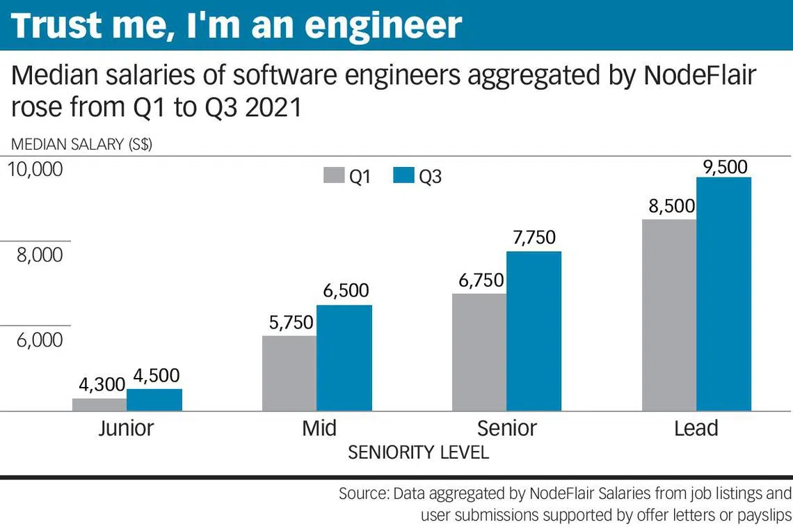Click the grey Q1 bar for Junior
(99, 404)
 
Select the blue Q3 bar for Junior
(154, 400)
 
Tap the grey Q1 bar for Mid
(289, 373)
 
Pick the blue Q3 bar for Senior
(534, 331)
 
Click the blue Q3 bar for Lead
(723, 294)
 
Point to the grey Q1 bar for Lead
(669, 315)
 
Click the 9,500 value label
(726, 167)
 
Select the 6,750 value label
(481, 281)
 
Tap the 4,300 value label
(102, 385)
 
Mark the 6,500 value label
(346, 290)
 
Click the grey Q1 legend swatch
(334, 175)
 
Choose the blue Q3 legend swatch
(403, 175)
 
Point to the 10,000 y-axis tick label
(35, 169)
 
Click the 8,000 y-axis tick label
(40, 255)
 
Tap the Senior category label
(506, 428)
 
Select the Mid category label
(319, 428)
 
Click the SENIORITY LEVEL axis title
(418, 452)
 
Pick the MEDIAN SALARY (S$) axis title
(81, 144)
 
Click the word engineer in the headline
(383, 25)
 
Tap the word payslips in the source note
(764, 515)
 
